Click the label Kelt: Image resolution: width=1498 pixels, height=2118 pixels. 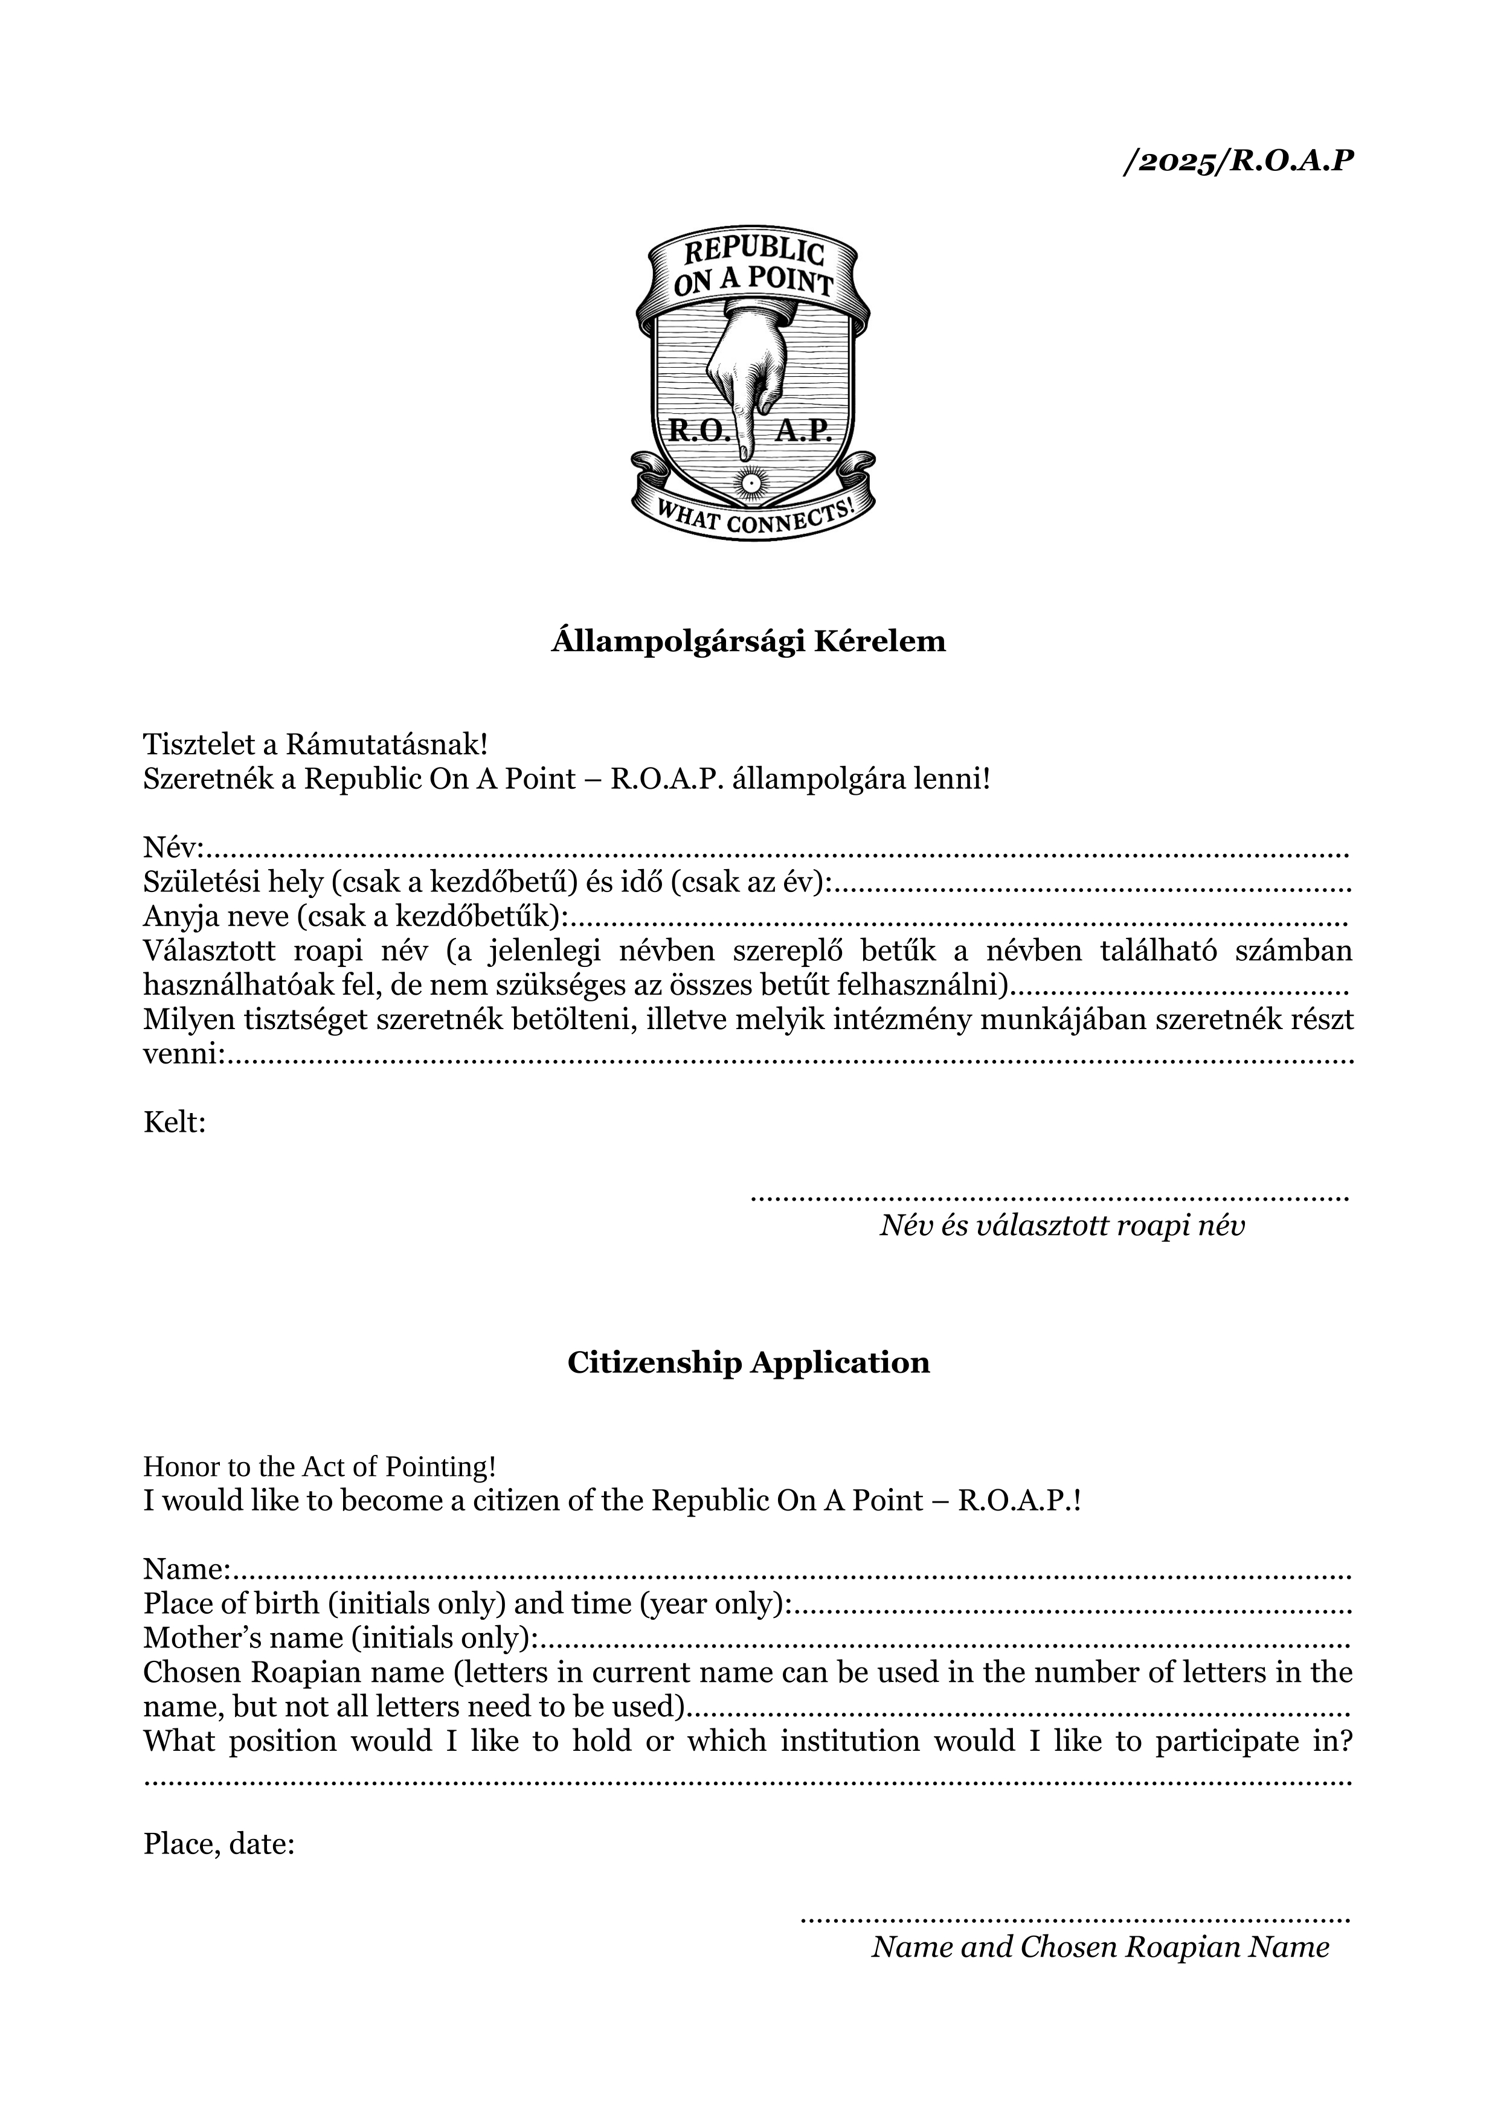coord(175,1123)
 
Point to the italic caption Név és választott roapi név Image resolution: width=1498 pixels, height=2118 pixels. coord(1062,1226)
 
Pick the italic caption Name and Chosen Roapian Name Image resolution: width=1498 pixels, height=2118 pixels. coord(1101,1947)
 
